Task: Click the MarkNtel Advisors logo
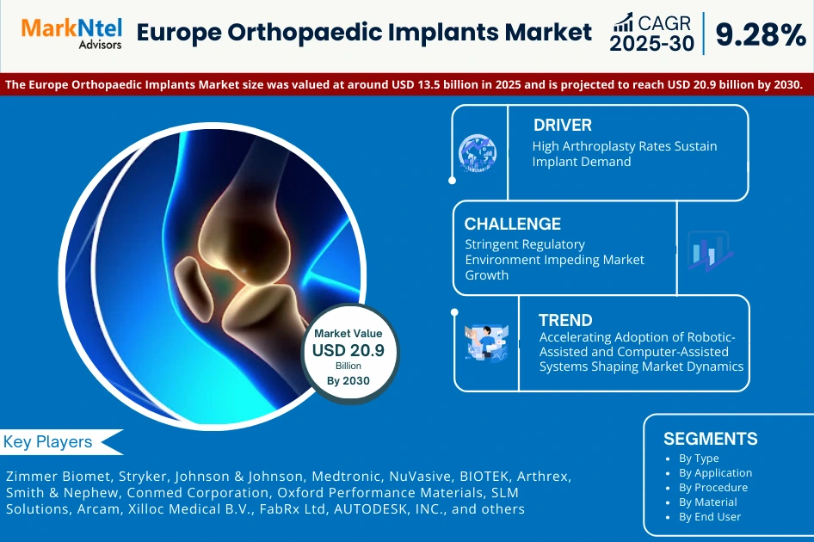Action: [x=71, y=33]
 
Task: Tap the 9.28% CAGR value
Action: [x=760, y=34]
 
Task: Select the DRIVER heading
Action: [x=562, y=126]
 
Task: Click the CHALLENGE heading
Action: [x=513, y=224]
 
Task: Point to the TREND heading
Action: [x=565, y=321]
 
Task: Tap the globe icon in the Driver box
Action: [x=477, y=152]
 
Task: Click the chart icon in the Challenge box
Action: [x=709, y=250]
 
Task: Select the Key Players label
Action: [x=48, y=442]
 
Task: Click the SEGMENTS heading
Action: [x=710, y=439]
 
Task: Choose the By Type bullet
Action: [x=699, y=459]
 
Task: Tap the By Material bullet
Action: [x=707, y=502]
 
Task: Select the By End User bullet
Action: [x=709, y=516]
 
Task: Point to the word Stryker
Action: [x=141, y=476]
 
